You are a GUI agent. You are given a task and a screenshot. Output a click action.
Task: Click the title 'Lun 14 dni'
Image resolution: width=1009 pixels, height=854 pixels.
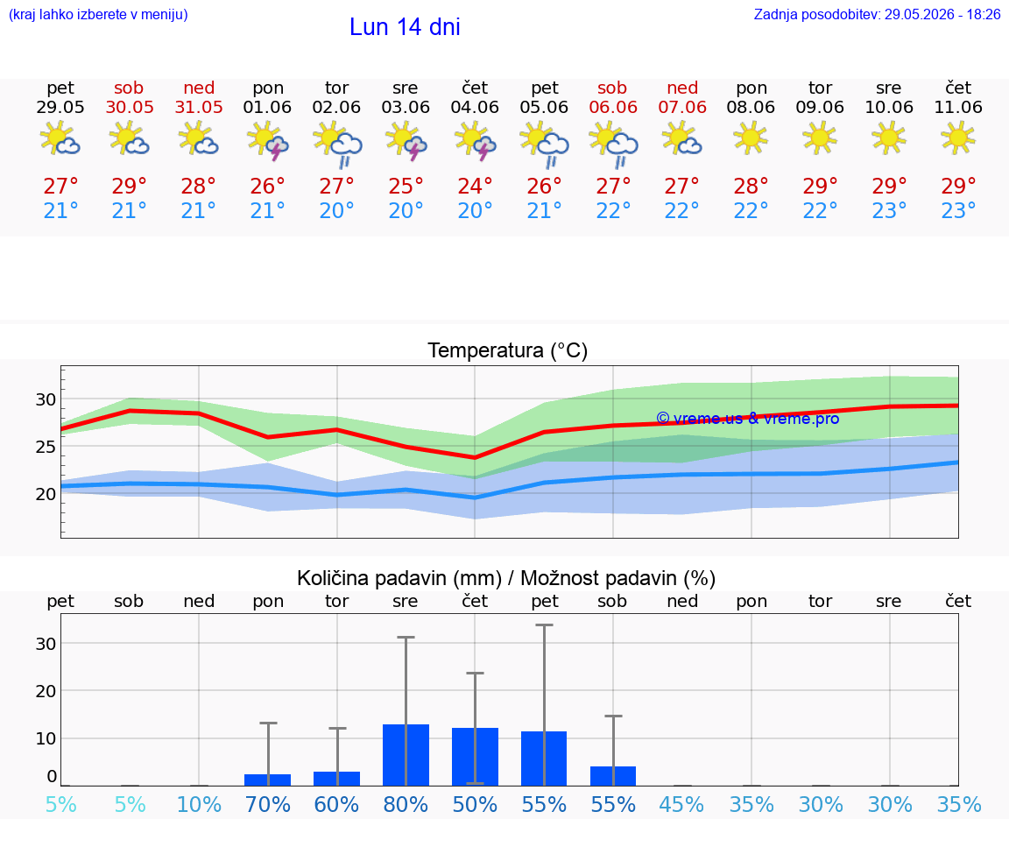[405, 27]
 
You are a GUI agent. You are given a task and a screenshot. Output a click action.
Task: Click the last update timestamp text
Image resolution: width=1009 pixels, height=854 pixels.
[877, 15]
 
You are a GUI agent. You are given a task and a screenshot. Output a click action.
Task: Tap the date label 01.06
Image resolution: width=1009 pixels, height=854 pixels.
[268, 108]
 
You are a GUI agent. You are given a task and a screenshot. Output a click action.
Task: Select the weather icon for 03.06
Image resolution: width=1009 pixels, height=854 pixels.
[406, 140]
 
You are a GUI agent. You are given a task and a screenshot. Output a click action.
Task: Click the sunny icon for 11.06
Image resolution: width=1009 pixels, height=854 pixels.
[958, 138]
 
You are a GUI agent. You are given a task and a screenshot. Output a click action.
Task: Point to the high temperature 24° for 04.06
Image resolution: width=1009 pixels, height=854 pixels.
[475, 187]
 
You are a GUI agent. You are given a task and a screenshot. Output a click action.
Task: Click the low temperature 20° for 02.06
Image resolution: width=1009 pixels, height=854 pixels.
[336, 210]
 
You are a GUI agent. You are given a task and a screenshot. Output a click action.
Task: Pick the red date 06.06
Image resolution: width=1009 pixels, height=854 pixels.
[613, 108]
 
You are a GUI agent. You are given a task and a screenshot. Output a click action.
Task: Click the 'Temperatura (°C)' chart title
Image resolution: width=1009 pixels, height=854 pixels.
[508, 350]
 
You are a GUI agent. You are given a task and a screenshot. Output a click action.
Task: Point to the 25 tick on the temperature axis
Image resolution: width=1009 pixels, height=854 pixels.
[46, 447]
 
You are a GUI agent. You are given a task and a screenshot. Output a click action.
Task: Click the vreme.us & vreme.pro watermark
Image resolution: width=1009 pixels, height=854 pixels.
[748, 419]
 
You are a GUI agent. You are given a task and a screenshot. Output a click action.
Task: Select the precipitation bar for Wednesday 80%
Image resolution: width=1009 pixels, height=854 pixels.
[406, 755]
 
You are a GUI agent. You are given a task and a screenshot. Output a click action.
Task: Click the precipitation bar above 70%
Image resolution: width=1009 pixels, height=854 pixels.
[268, 780]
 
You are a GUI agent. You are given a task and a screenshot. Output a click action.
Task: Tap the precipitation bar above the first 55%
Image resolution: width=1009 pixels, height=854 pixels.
[544, 759]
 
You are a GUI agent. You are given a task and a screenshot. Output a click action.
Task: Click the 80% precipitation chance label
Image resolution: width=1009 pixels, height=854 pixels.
[406, 805]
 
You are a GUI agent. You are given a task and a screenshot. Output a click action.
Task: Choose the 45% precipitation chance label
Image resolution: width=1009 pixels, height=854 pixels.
[682, 805]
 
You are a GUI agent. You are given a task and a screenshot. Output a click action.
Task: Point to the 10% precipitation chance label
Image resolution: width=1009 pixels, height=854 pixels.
[199, 805]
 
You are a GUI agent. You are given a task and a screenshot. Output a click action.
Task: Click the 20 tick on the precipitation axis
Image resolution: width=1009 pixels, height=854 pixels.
[46, 691]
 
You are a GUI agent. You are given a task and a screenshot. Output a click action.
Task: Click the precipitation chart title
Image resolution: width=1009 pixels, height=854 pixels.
[506, 579]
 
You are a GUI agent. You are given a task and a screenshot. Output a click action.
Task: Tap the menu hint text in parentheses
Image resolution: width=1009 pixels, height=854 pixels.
[98, 15]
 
